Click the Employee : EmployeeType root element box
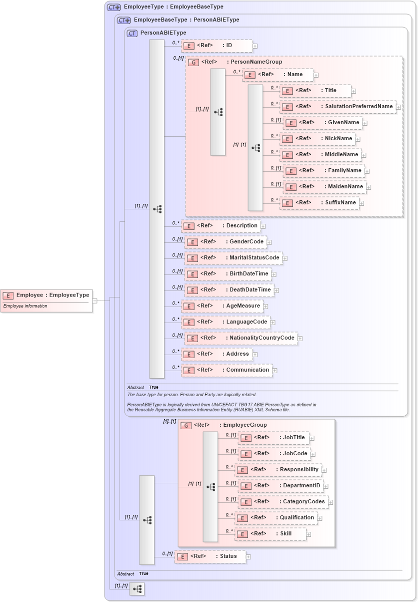pyautogui.click(x=46, y=295)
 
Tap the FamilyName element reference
pyautogui.click(x=324, y=171)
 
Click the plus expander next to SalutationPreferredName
pyautogui.click(x=398, y=107)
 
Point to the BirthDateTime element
pyautogui.click(x=228, y=274)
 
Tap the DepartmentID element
pyautogui.click(x=280, y=486)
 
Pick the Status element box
pyautogui.click(x=210, y=556)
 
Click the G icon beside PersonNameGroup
pyautogui.click(x=193, y=62)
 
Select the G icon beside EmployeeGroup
pyautogui.click(x=186, y=425)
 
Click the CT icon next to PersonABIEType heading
pyautogui.click(x=132, y=34)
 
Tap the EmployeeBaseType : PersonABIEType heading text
pyautogui.click(x=186, y=20)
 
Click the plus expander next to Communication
pyautogui.click(x=274, y=371)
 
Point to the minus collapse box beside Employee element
pyautogui.click(x=94, y=300)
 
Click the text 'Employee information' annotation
pyautogui.click(x=25, y=306)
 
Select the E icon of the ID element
pyautogui.click(x=188, y=46)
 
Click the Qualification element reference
pyautogui.click(x=276, y=518)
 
